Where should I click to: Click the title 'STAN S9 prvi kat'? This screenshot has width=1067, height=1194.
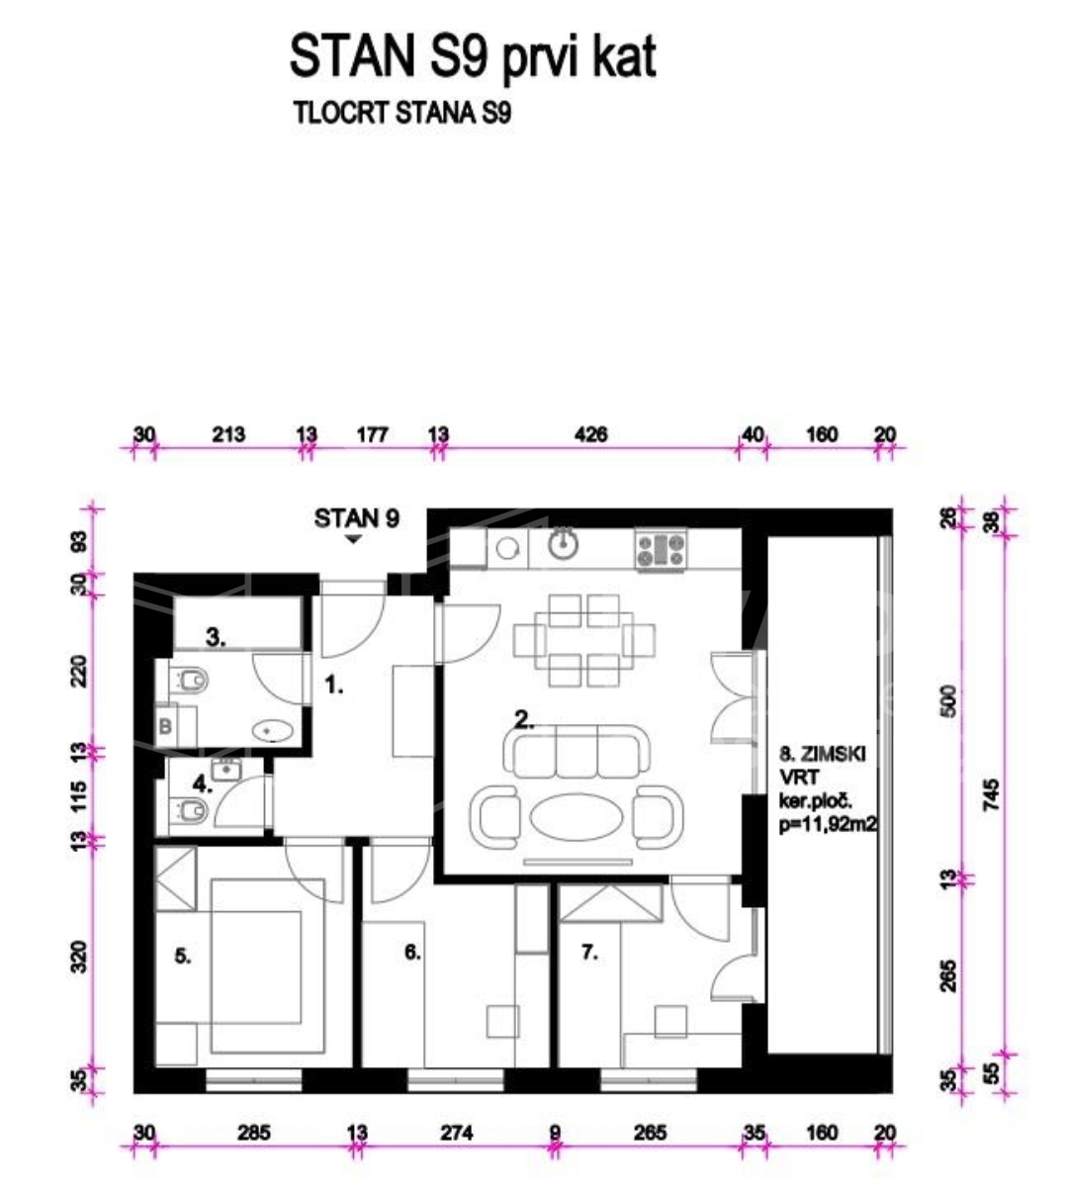pyautogui.click(x=473, y=57)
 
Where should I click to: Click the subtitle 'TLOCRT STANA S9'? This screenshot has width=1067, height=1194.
pyautogui.click(x=402, y=113)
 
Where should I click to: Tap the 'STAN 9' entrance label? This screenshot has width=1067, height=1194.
pyautogui.click(x=356, y=518)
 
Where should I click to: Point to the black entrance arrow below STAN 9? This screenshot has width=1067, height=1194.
pyautogui.click(x=353, y=539)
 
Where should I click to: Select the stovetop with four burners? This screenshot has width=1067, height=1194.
pyautogui.click(x=661, y=550)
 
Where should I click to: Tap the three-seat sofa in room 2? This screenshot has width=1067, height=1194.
pyautogui.click(x=578, y=751)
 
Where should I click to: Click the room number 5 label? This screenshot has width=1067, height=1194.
pyautogui.click(x=183, y=957)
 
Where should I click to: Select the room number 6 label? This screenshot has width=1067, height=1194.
pyautogui.click(x=412, y=952)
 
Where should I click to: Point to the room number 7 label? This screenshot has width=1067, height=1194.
pyautogui.click(x=589, y=952)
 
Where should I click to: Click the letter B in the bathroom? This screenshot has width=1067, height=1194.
pyautogui.click(x=165, y=726)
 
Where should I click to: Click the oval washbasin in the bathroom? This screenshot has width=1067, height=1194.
pyautogui.click(x=272, y=731)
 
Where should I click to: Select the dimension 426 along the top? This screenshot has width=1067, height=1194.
pyautogui.click(x=591, y=434)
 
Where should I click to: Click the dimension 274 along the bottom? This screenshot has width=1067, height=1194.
pyautogui.click(x=457, y=1133)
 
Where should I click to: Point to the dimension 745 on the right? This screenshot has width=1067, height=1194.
pyautogui.click(x=992, y=794)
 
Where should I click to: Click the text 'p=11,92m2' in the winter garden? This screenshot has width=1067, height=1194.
pyautogui.click(x=828, y=824)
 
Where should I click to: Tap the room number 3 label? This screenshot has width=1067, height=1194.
pyautogui.click(x=216, y=637)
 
